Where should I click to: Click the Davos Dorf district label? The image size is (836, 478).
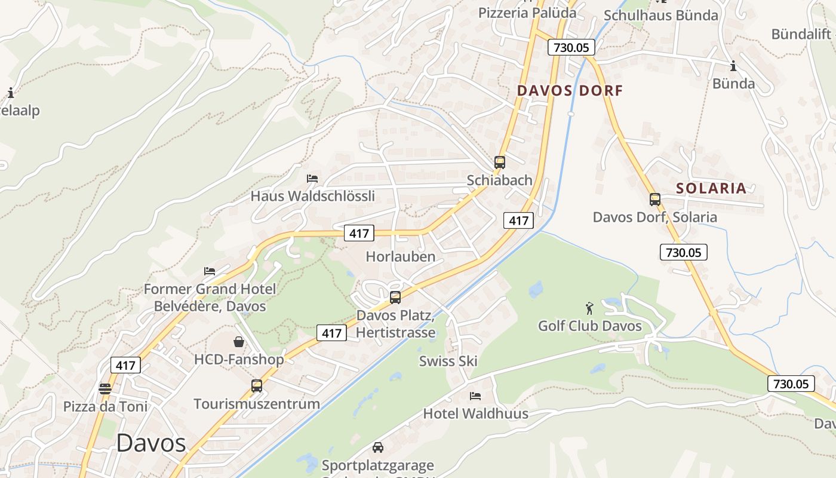point(570,91)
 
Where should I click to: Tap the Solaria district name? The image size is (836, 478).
point(711,188)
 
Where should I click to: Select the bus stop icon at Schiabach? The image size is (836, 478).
point(500,162)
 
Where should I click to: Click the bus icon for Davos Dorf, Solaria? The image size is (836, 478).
point(655,200)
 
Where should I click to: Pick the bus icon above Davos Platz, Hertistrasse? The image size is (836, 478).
point(395,297)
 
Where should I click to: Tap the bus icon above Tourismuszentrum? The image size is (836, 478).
point(257,385)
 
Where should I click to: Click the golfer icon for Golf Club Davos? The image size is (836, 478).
point(590,308)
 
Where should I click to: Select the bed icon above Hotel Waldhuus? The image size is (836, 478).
point(475,396)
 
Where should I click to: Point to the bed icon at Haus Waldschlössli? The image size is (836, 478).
point(312,178)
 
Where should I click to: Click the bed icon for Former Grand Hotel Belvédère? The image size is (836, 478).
point(210,271)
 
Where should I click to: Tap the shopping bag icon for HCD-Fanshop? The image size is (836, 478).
point(239,342)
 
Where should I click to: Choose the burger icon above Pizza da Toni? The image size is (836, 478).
point(105,389)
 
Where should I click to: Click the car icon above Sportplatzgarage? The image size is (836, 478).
point(378,447)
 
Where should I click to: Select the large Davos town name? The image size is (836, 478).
point(151,443)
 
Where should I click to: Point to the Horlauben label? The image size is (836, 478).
point(400,257)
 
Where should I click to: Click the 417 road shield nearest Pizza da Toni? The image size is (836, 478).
point(125,365)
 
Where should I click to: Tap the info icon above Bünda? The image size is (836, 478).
point(733,66)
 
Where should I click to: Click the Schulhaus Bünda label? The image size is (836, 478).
point(660,16)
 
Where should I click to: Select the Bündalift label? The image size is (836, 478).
point(801,34)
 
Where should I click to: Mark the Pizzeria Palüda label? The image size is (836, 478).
point(527,13)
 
